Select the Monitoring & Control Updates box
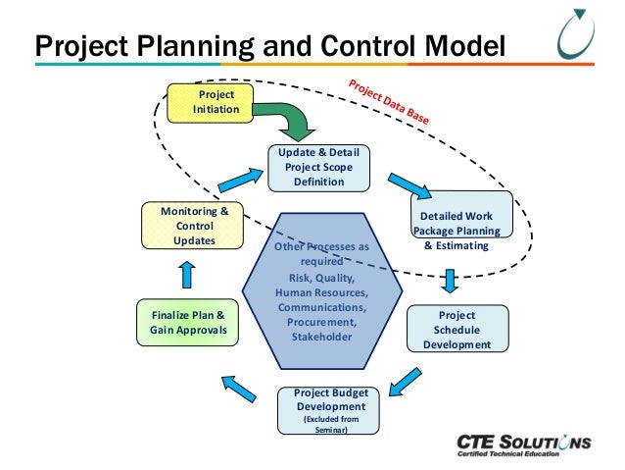point(194,225)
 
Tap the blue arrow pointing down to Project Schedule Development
point(450,280)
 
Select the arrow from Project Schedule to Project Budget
point(404,378)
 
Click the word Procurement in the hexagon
point(321,321)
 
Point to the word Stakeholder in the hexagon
point(321,337)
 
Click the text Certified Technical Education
point(506,457)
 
